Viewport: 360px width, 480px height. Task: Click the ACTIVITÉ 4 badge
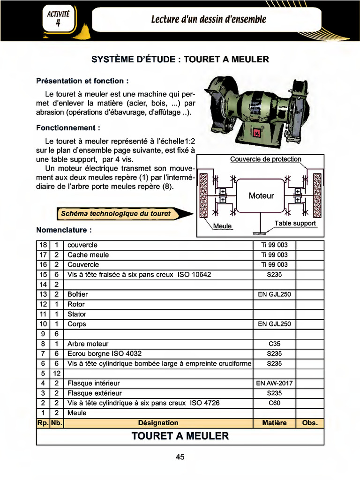tap(58, 19)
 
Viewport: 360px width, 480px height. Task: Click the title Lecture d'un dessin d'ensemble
tap(209, 19)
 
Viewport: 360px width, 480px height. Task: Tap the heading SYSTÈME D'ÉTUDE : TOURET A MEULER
tap(180, 60)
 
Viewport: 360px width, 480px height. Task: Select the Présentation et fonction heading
tap(82, 81)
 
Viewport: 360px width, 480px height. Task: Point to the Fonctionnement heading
tap(68, 127)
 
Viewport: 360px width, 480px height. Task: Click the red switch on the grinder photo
tap(256, 134)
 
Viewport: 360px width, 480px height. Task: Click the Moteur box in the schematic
tap(261, 195)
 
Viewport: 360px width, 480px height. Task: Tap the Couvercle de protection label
tap(265, 159)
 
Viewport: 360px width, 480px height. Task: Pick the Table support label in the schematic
tap(295, 223)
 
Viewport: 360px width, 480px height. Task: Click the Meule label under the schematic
tap(223, 226)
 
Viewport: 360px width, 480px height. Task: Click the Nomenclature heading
tap(64, 230)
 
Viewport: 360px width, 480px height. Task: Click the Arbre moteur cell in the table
tap(88, 344)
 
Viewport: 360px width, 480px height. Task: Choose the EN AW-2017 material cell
tap(274, 383)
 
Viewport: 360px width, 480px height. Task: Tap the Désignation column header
tap(158, 423)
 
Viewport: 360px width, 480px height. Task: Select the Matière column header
tap(274, 423)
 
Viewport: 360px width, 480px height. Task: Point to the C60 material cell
tap(274, 403)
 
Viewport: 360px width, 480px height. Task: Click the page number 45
tap(180, 457)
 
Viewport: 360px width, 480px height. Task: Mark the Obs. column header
tap(310, 423)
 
